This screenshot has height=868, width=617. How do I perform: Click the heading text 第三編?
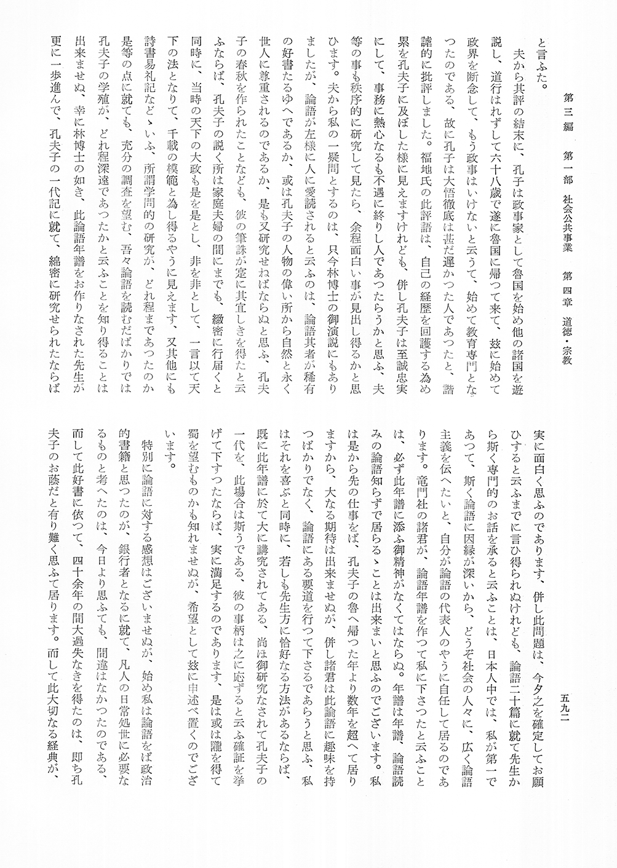[568, 101]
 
